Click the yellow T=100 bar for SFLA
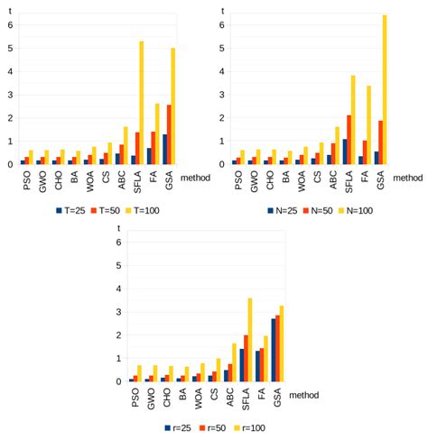pos(142,103)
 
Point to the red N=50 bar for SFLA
pos(349,140)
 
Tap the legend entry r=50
pos(214,427)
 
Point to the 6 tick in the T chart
pos(10,24)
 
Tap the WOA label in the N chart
pos(302,179)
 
